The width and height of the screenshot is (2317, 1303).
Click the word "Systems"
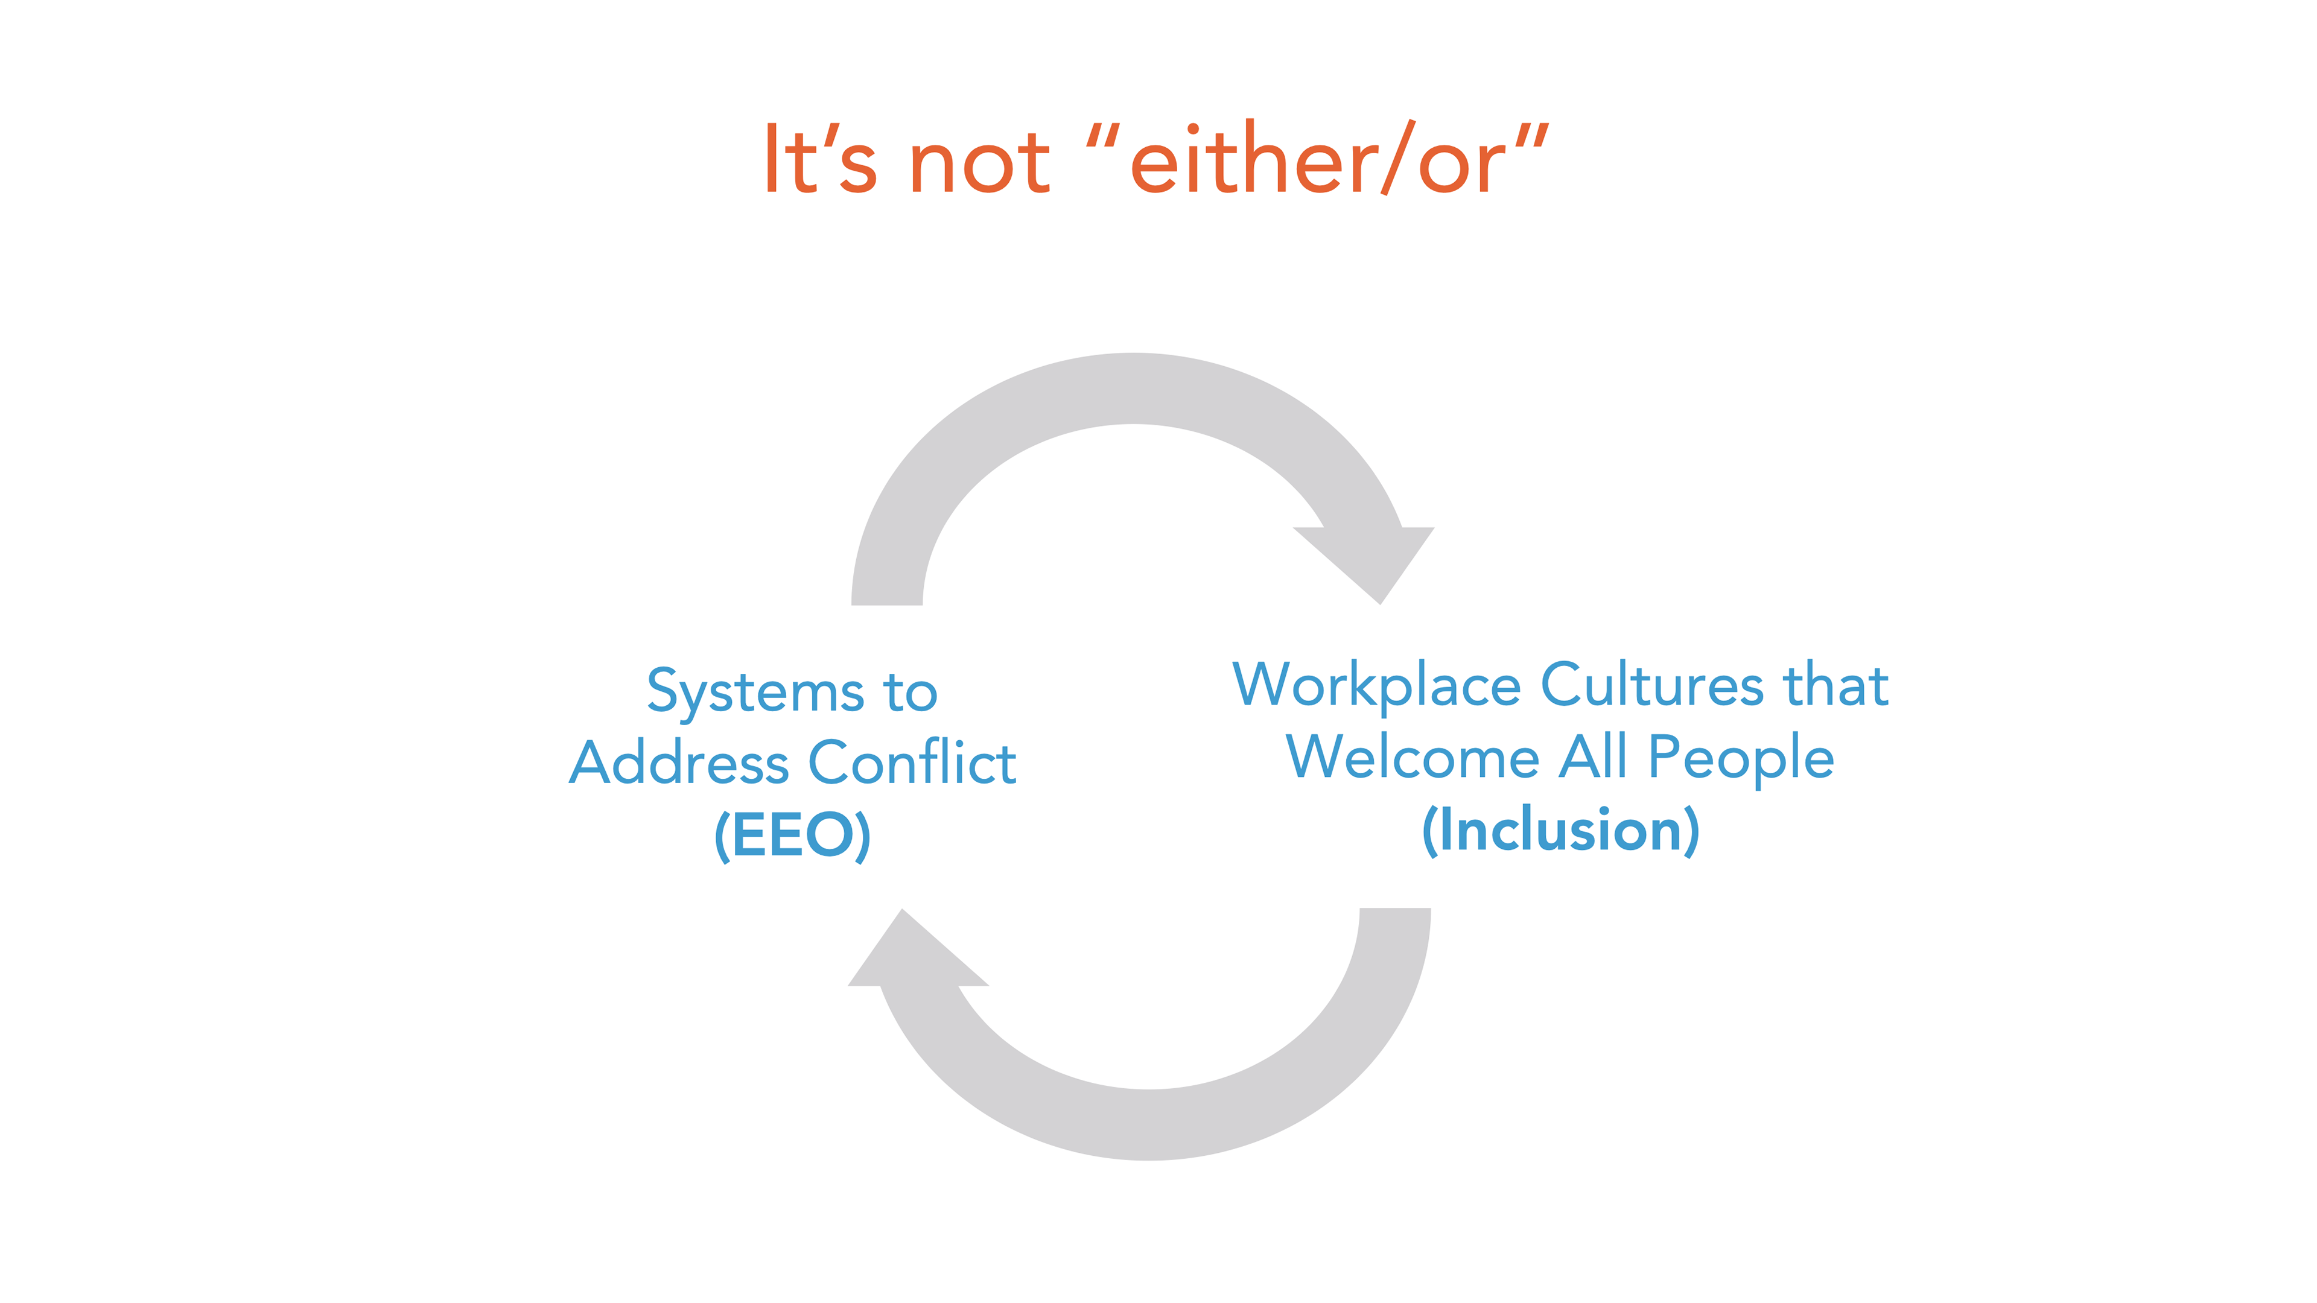755,693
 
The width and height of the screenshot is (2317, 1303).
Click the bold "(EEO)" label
792,835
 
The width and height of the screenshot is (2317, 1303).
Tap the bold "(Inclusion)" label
1560,830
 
